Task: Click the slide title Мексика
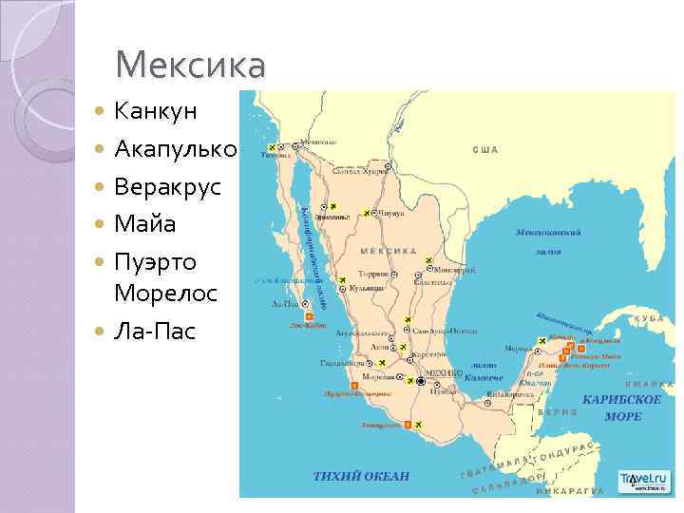click(x=190, y=66)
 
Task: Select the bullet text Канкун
click(x=156, y=111)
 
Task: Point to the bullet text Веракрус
click(x=167, y=187)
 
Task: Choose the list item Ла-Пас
click(x=152, y=332)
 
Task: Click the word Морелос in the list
click(x=165, y=294)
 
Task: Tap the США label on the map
click(x=485, y=150)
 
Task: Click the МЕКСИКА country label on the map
click(x=389, y=252)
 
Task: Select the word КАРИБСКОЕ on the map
click(x=622, y=400)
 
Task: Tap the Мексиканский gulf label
click(x=548, y=232)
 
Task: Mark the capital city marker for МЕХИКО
click(x=422, y=381)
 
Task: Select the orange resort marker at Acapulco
click(x=408, y=424)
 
